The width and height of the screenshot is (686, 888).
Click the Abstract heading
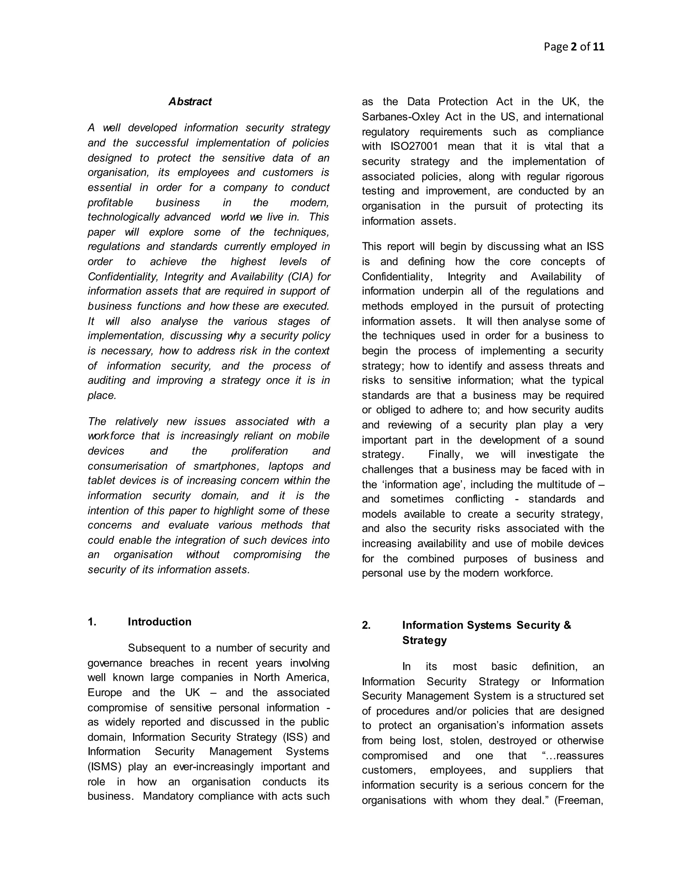click(190, 102)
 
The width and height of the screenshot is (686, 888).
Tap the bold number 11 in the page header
click(598, 47)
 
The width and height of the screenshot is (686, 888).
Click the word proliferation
click(259, 451)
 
